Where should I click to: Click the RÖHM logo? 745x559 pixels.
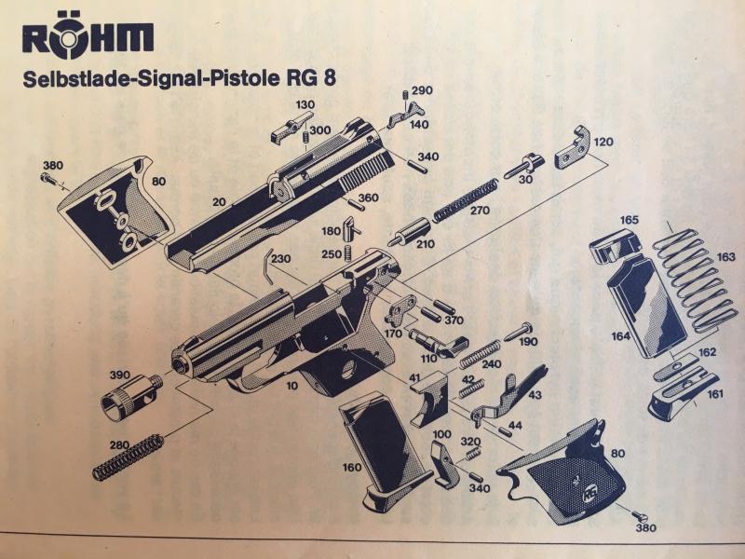(88, 38)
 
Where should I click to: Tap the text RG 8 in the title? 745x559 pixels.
(310, 78)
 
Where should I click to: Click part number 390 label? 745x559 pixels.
(120, 375)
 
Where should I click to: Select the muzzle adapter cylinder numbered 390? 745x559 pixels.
(132, 396)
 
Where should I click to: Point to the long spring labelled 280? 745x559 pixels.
(129, 457)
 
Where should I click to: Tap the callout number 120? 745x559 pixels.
(603, 142)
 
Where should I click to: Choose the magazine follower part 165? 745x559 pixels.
(614, 245)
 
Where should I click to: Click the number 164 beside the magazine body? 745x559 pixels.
(620, 336)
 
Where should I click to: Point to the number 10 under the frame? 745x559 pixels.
(292, 386)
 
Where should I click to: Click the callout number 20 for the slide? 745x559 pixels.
(219, 202)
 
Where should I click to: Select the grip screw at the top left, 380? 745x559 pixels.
(49, 180)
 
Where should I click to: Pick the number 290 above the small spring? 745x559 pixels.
(422, 89)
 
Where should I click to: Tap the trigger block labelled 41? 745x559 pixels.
(429, 399)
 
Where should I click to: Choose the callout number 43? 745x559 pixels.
(535, 395)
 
